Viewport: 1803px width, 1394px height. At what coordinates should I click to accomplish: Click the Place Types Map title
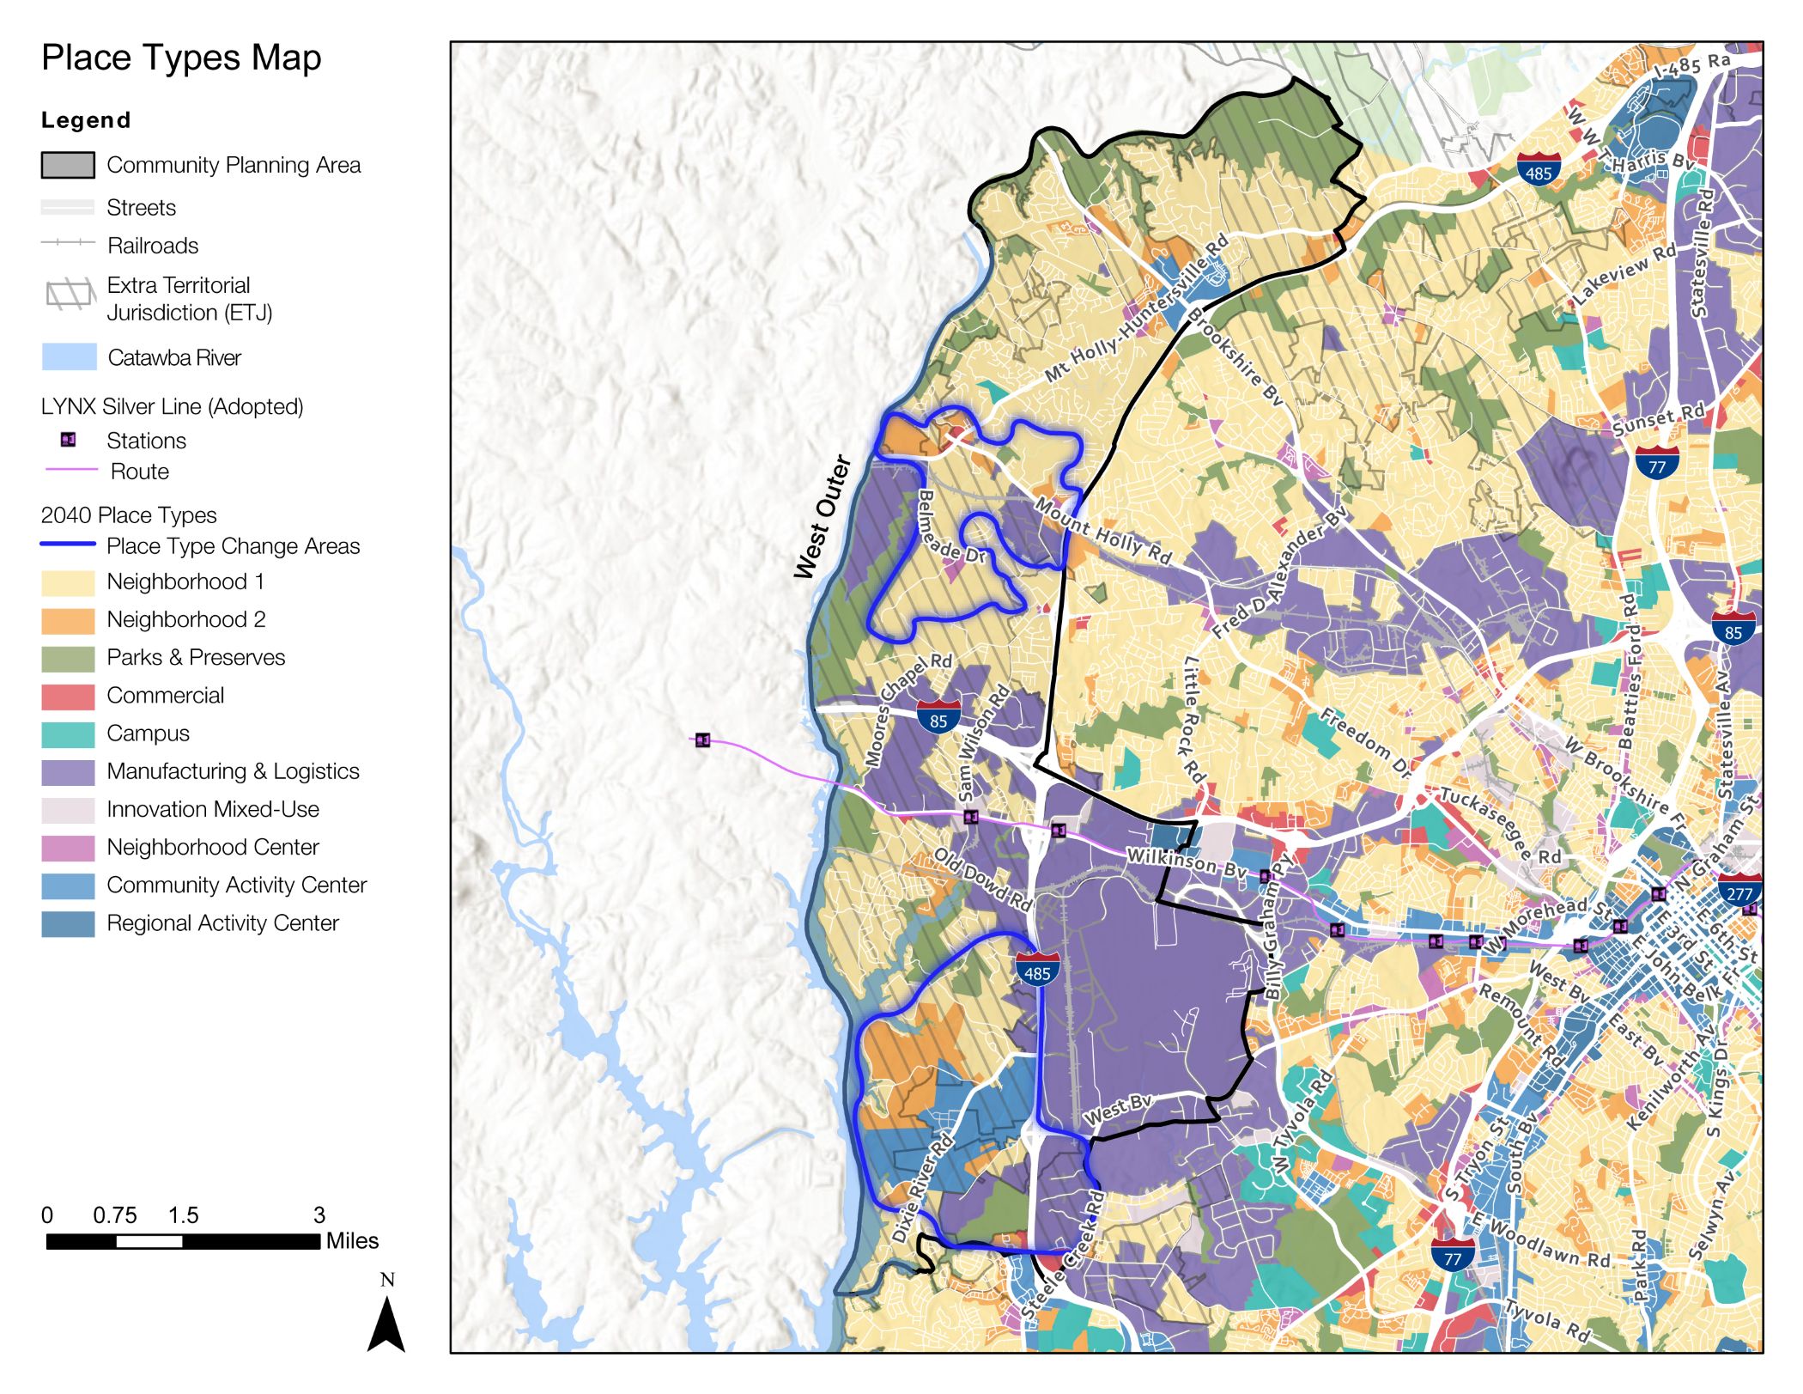[x=181, y=58]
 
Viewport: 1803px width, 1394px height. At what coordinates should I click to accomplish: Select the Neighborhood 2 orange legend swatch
[x=68, y=621]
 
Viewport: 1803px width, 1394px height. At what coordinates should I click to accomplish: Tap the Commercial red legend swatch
[x=68, y=697]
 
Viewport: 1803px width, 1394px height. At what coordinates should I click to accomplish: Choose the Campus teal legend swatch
[x=68, y=734]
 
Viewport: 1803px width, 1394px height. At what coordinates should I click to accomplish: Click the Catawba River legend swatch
[x=69, y=357]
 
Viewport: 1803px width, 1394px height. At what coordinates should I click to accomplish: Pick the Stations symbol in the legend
[x=69, y=441]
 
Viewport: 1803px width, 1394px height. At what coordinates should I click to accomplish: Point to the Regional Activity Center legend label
[x=222, y=923]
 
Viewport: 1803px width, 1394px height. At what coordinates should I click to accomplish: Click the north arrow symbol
[x=386, y=1323]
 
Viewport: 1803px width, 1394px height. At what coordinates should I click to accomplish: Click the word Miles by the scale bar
[x=352, y=1242]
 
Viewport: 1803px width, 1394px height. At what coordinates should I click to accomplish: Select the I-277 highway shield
[x=1739, y=891]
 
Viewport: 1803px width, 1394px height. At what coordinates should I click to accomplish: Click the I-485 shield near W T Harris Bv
[x=1538, y=171]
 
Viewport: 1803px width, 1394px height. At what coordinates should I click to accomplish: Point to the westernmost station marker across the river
[x=703, y=740]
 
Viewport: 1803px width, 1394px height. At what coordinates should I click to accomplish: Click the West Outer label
[x=823, y=518]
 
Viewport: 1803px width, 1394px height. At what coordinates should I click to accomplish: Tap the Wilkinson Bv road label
[x=1186, y=862]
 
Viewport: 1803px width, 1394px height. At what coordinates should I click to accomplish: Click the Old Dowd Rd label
[x=982, y=880]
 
